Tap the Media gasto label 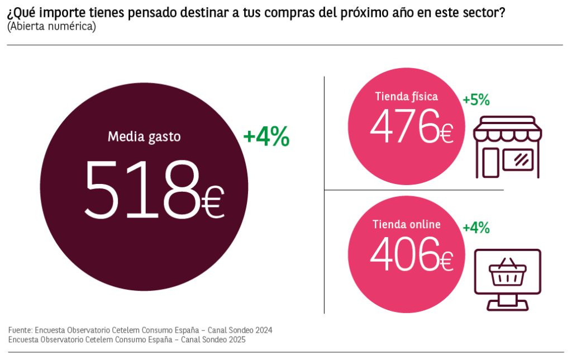(144, 136)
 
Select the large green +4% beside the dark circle (266, 138)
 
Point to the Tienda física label (406, 96)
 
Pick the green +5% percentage (476, 100)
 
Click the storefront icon (507, 147)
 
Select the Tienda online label (406, 224)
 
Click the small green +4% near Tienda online (476, 228)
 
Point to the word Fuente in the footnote (20, 330)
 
